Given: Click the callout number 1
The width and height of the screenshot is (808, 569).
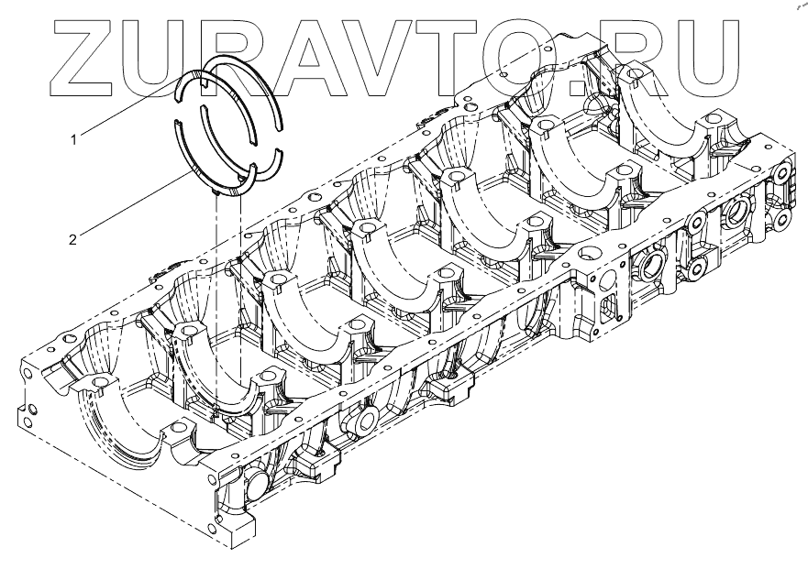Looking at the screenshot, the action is [73, 139].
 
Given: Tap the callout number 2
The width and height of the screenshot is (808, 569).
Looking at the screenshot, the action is [72, 240].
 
